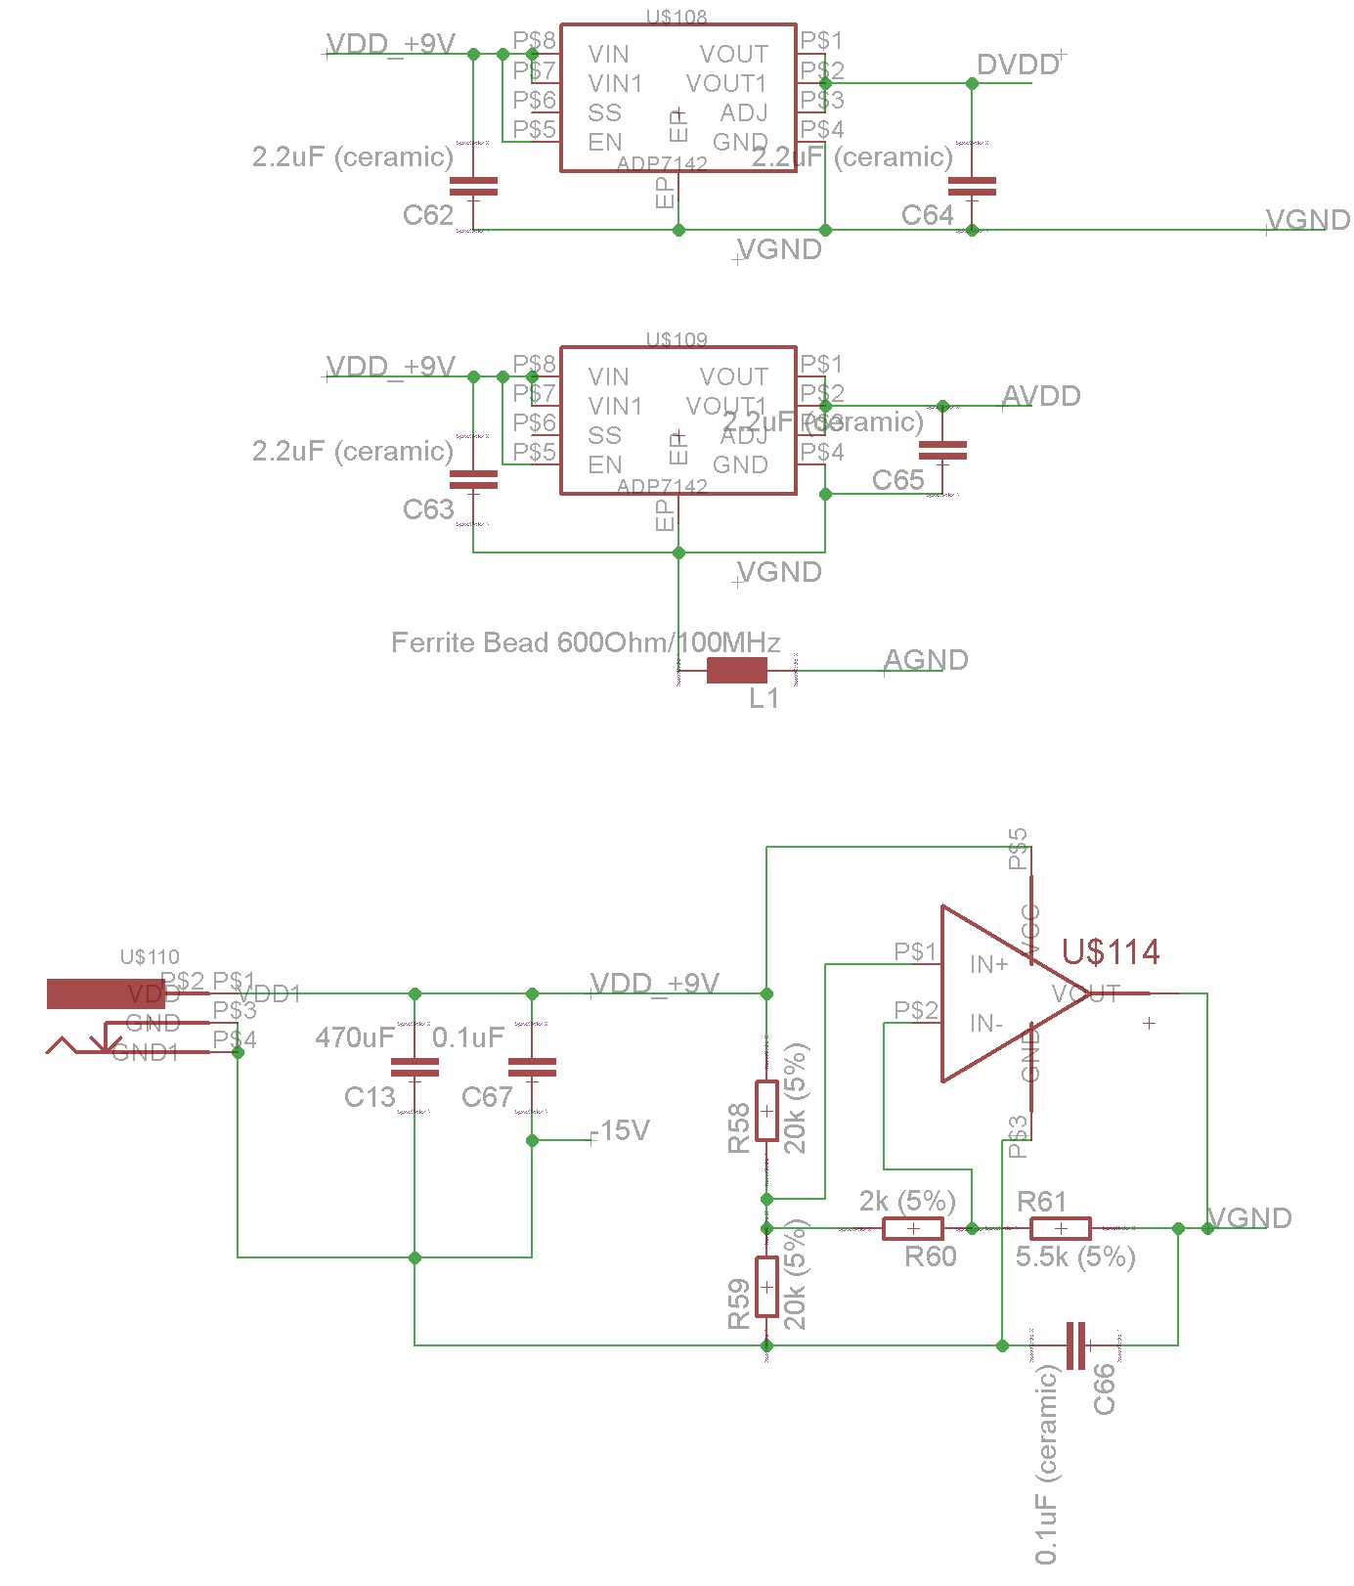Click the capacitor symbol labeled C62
pos(473,186)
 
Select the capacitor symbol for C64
pos(972,186)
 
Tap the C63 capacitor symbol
pos(473,479)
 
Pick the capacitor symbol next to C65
pos(942,450)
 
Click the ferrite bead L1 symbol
pos(736,670)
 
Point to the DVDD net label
pos(1018,66)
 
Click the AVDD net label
pos(1041,396)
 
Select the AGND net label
pos(925,660)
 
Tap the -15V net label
pos(620,1130)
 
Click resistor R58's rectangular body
pos(766,1111)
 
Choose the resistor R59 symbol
pos(766,1287)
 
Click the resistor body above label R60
pos(913,1228)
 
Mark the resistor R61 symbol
pos(1060,1228)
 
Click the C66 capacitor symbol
pos(1075,1345)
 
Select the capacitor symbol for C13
pos(415,1067)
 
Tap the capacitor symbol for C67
pos(532,1067)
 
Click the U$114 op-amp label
pos(1111,951)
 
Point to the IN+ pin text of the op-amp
pos(988,965)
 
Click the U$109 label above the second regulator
pos(677,339)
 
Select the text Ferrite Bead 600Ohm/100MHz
pos(585,642)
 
